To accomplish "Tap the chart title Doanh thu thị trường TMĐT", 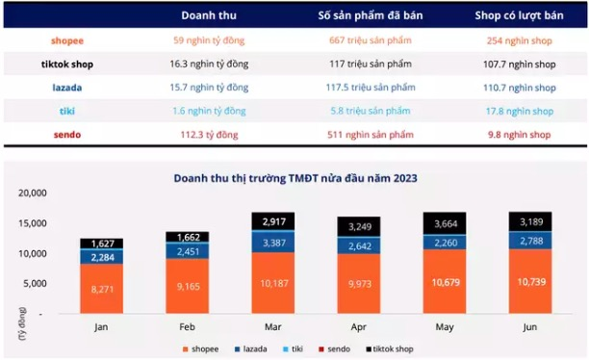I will tap(294, 177).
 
